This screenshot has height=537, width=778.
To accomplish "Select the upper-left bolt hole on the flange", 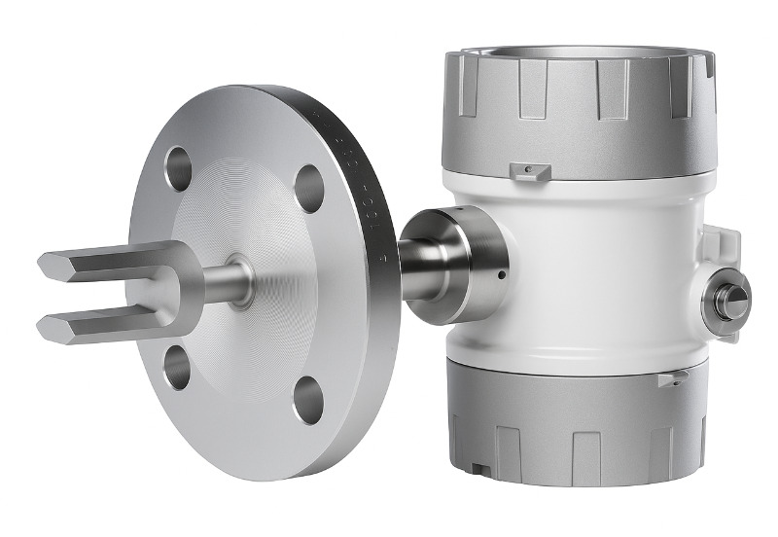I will (x=179, y=168).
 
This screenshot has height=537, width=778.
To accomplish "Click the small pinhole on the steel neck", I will (x=499, y=275).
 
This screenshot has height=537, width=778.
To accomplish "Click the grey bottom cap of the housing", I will (x=574, y=428).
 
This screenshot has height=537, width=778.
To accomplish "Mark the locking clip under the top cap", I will (x=528, y=171).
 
